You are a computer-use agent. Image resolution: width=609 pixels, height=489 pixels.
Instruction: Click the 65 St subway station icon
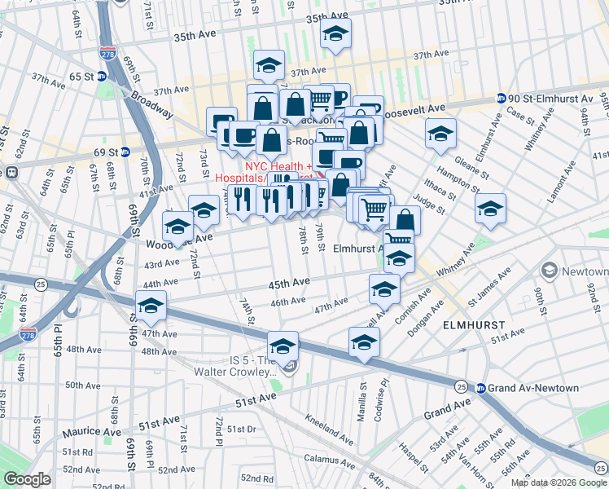click(x=101, y=77)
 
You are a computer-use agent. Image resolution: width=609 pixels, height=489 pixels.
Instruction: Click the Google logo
click(x=27, y=479)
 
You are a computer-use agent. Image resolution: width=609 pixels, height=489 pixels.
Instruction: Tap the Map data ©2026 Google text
click(x=558, y=482)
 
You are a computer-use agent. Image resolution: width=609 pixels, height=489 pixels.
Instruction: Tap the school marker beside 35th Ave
click(x=334, y=34)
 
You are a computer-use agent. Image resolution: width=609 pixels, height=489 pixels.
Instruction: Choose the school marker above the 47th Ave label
click(x=151, y=306)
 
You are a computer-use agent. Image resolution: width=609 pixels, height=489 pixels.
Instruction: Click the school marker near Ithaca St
click(x=491, y=209)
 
